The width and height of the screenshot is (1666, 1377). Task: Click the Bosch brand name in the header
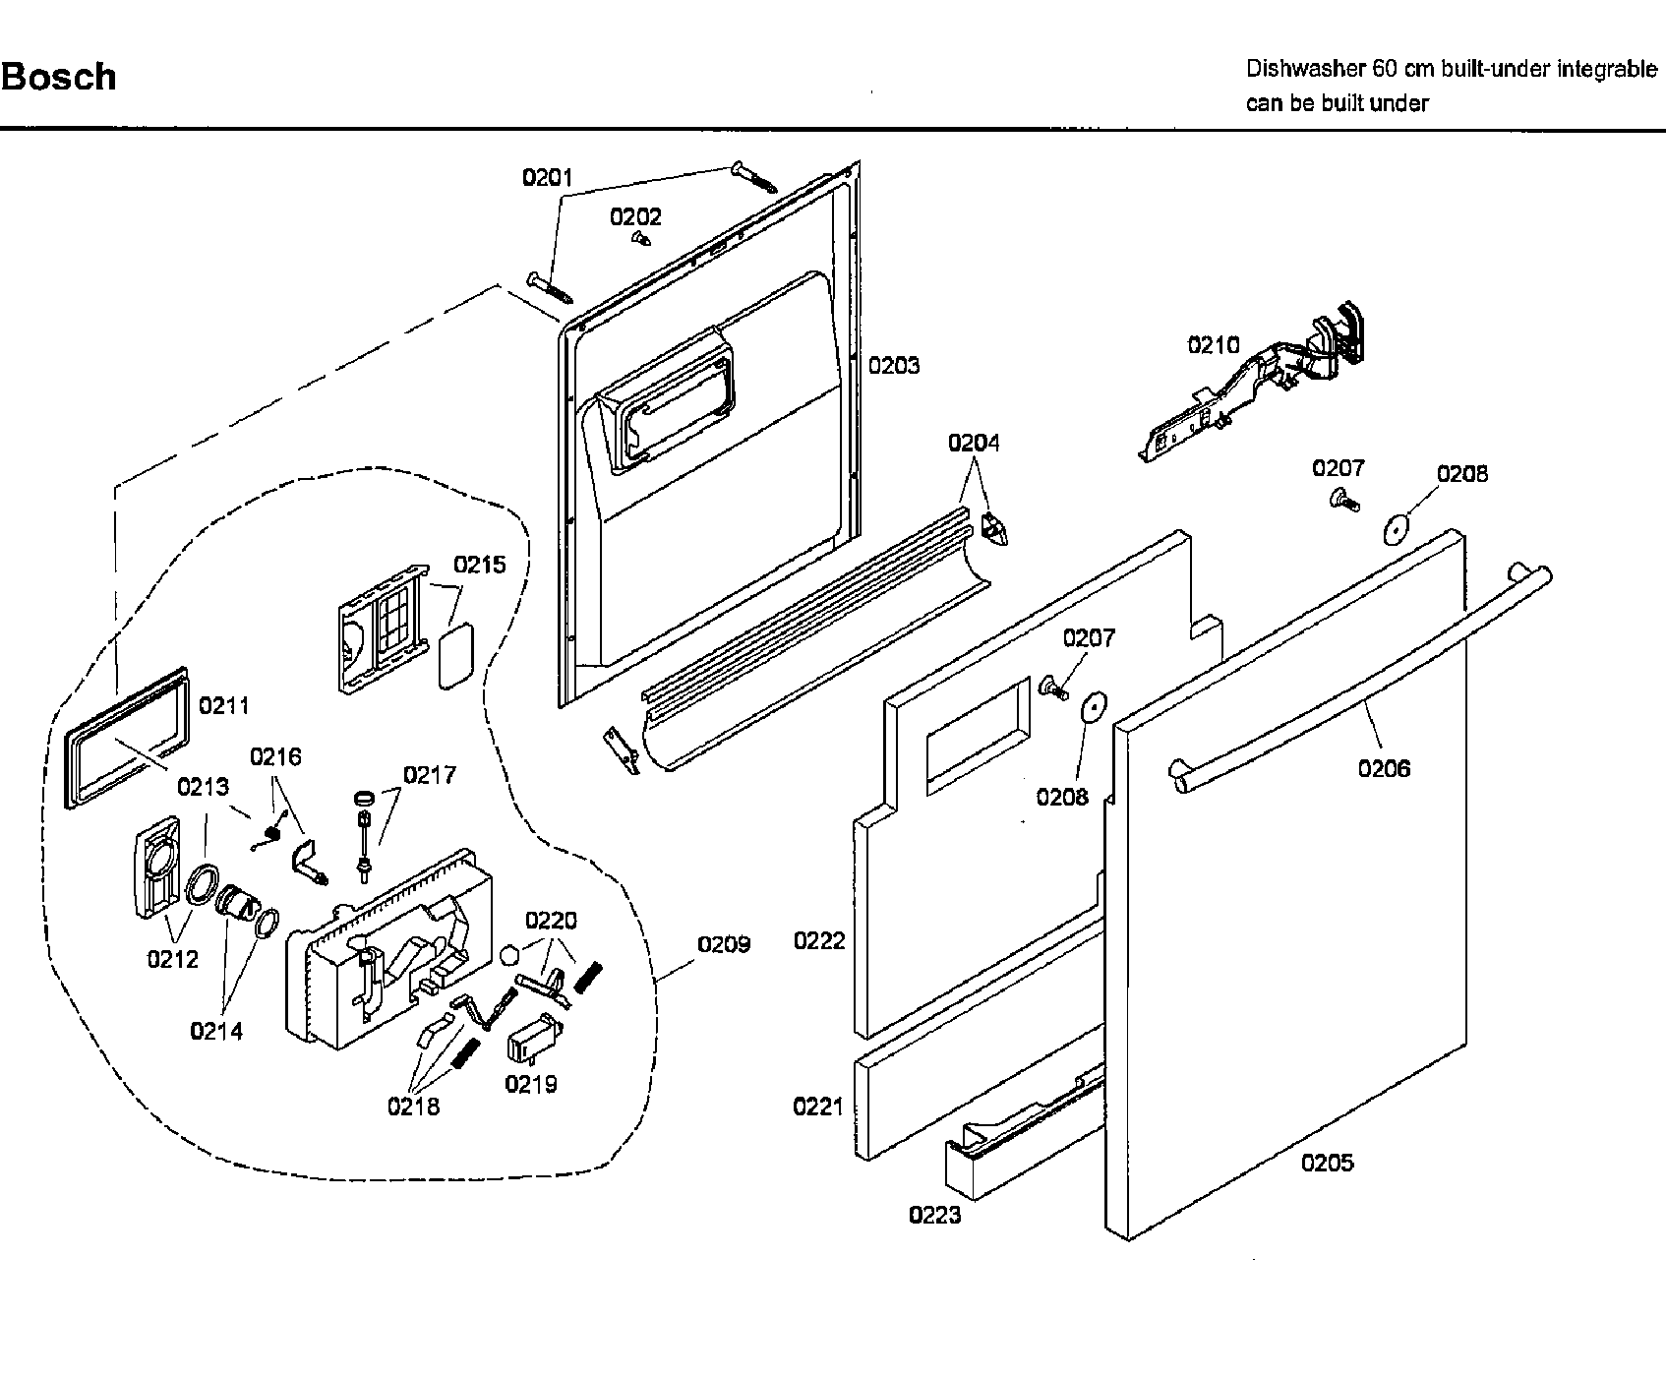pyautogui.click(x=59, y=77)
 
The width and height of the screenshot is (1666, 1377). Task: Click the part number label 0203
pyautogui.click(x=894, y=366)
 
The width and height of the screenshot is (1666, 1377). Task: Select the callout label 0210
pyautogui.click(x=1214, y=345)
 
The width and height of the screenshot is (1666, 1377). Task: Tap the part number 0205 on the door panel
pyautogui.click(x=1327, y=1163)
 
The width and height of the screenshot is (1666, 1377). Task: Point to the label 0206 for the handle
pyautogui.click(x=1384, y=769)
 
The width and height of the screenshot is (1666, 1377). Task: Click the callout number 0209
pyautogui.click(x=724, y=944)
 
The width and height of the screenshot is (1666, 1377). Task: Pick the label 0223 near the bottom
pyautogui.click(x=934, y=1216)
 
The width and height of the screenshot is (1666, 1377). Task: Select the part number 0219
pyautogui.click(x=531, y=1084)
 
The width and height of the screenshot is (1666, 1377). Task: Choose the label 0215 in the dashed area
pyautogui.click(x=480, y=565)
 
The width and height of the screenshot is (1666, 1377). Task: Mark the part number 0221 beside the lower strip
pyautogui.click(x=818, y=1108)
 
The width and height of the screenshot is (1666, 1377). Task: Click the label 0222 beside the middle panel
pyautogui.click(x=819, y=941)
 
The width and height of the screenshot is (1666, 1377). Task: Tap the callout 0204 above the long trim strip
pyautogui.click(x=974, y=444)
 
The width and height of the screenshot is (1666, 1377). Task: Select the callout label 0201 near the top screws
pyautogui.click(x=547, y=178)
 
